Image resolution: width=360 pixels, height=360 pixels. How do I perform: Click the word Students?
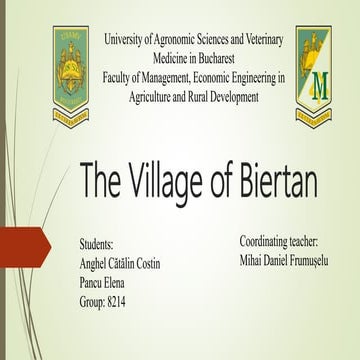click(x=96, y=244)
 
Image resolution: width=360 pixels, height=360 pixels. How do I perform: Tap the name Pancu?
click(x=92, y=282)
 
